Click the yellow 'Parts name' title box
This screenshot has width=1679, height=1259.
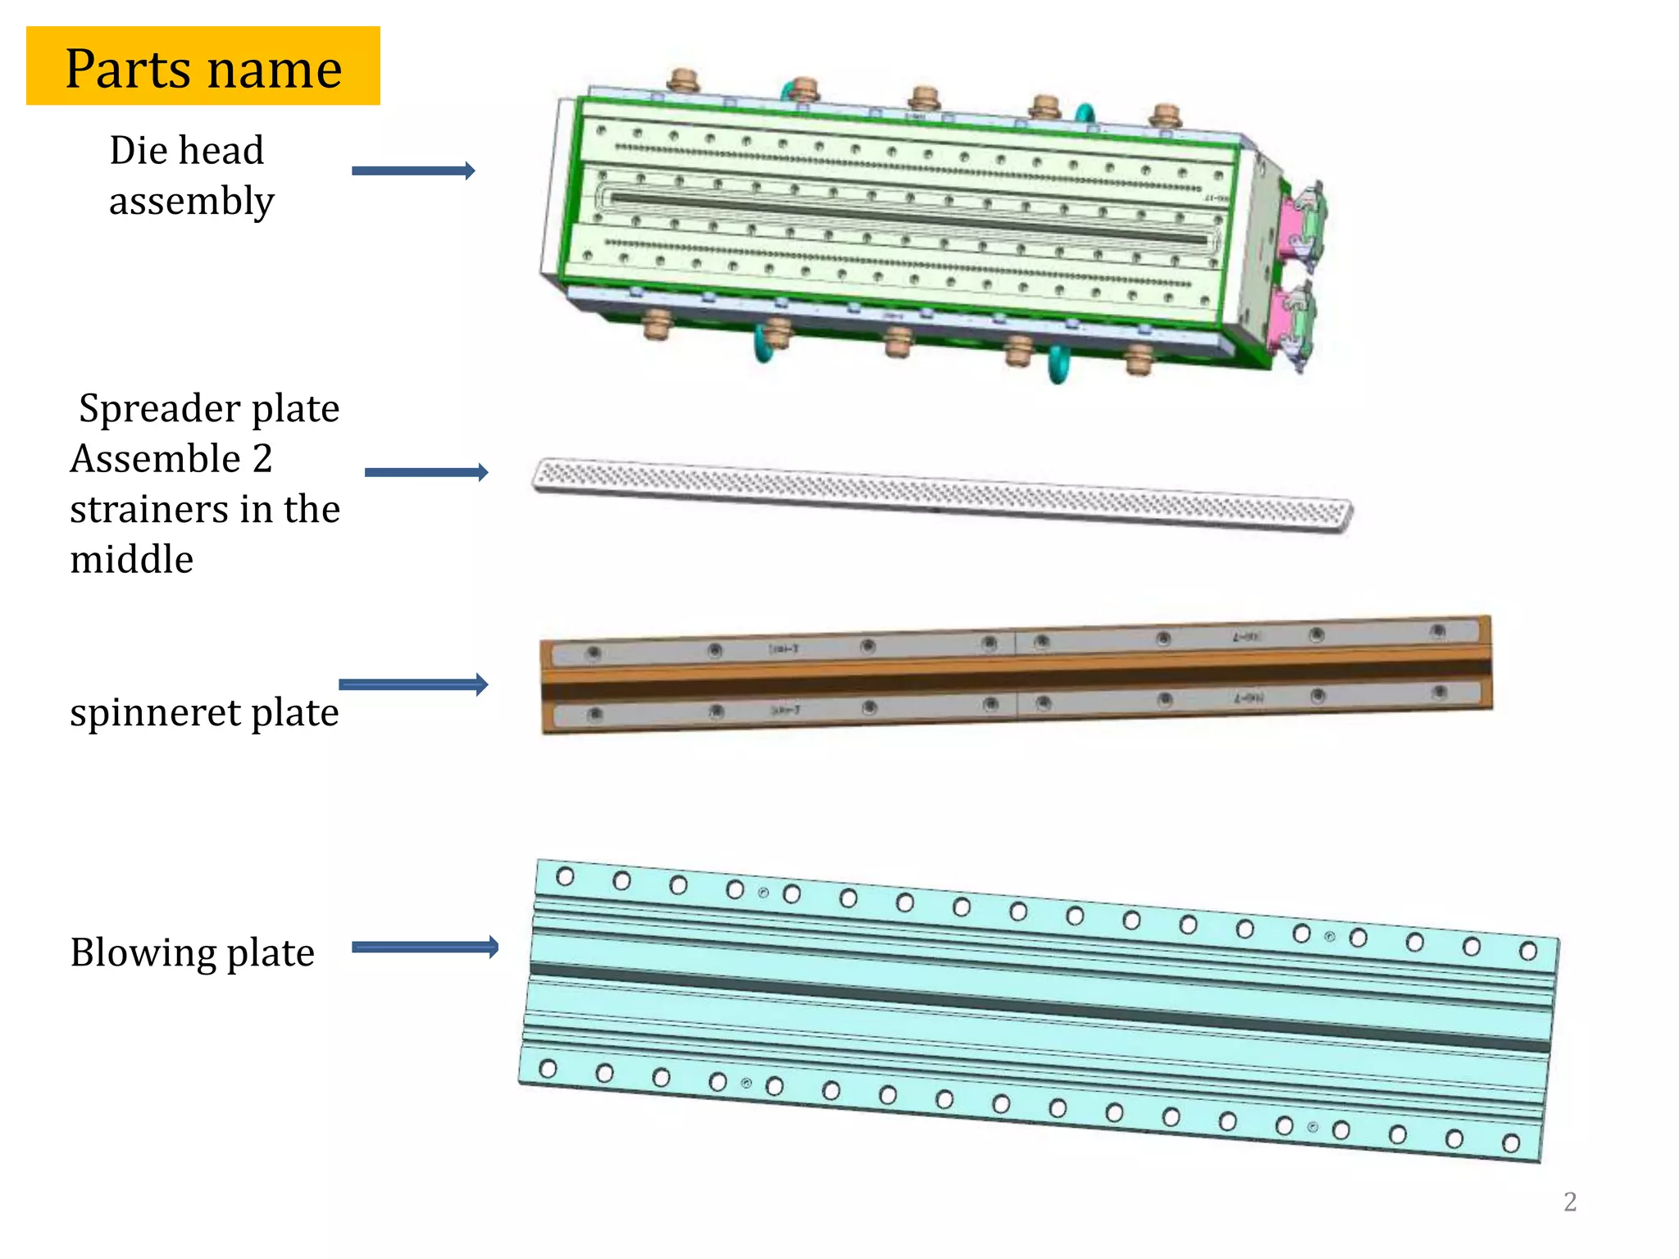[x=202, y=66]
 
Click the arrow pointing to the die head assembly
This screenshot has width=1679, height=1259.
[x=413, y=170]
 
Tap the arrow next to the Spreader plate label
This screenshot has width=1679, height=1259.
[x=426, y=472]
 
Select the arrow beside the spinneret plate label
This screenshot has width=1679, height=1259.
[x=413, y=684]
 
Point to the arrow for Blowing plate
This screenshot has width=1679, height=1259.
[x=425, y=947]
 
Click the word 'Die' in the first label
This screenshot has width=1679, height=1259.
[x=139, y=151]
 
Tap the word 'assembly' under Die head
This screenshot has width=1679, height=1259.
[x=191, y=202]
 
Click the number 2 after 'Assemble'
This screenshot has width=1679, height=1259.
[x=262, y=459]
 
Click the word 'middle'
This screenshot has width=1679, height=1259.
[x=131, y=561]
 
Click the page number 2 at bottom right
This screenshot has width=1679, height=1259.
[x=1569, y=1202]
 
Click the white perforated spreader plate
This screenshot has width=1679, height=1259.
[x=943, y=495]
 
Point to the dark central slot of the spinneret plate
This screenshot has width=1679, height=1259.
[x=1017, y=679]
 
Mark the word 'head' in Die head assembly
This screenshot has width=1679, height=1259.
[x=223, y=151]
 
